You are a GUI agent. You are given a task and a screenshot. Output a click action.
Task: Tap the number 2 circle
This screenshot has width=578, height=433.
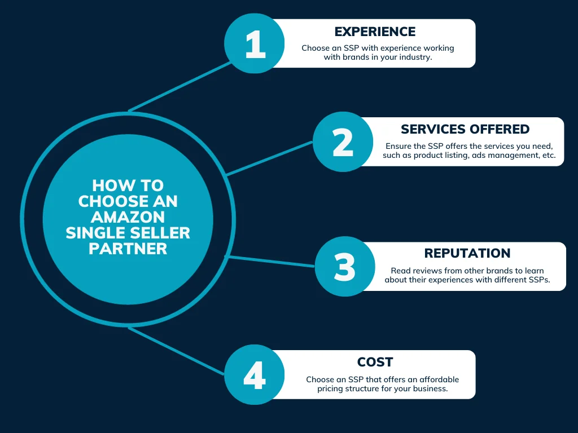(x=342, y=142)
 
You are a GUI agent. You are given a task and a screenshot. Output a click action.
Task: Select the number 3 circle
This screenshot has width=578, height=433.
(x=344, y=267)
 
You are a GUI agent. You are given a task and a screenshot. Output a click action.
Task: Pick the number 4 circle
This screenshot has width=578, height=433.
(x=254, y=375)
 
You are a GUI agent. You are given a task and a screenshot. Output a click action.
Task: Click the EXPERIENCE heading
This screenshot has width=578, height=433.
(x=375, y=32)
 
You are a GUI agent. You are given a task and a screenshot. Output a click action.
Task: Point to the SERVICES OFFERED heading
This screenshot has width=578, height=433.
(x=465, y=130)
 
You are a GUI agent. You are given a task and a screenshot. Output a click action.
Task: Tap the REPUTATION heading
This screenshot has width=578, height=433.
(x=467, y=254)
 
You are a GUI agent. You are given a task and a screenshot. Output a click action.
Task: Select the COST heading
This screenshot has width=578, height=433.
(x=375, y=363)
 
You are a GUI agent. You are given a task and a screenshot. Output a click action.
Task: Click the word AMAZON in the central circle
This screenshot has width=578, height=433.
(x=128, y=216)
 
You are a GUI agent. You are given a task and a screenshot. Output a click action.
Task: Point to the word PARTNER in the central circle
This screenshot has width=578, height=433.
(x=128, y=249)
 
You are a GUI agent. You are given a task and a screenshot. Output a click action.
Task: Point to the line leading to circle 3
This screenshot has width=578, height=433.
(x=270, y=261)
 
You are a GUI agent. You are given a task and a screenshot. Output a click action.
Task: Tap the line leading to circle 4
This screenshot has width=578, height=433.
(x=176, y=351)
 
